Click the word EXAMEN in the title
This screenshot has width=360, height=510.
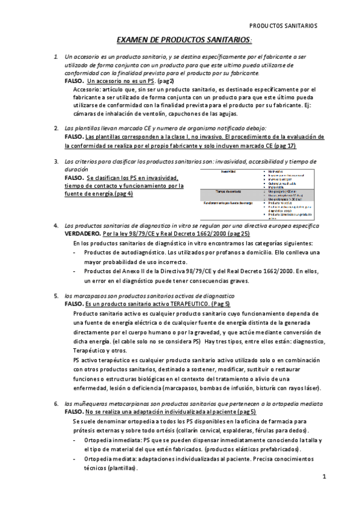131,39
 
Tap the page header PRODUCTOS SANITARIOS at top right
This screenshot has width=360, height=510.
284,26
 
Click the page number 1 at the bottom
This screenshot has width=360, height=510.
323,477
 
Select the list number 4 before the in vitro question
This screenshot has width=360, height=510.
55,225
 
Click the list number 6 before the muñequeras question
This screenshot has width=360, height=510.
55,404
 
